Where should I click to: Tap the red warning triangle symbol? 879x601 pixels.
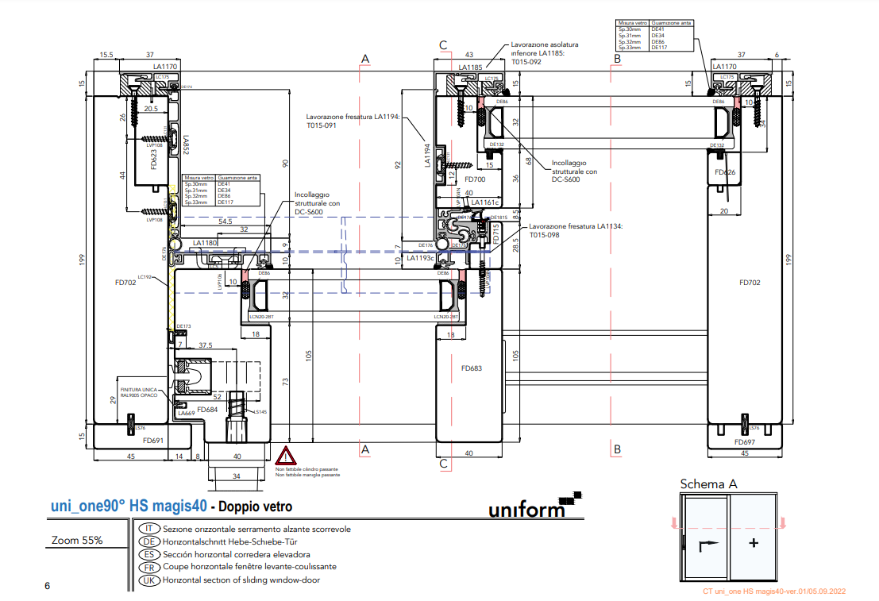[x=286, y=457]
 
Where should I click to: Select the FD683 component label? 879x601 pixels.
[x=472, y=368]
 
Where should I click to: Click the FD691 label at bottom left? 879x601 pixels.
[x=153, y=440]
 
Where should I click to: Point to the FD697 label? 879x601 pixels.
[x=745, y=442]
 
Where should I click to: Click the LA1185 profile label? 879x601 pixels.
[x=470, y=67]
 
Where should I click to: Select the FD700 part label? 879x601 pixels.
[x=475, y=180]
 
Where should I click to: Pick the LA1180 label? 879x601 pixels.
[x=204, y=243]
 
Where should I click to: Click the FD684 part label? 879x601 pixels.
[x=207, y=410]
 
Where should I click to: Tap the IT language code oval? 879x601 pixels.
[x=149, y=529]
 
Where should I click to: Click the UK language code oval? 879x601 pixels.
[x=149, y=580]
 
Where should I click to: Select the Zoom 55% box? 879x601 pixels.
[x=77, y=541]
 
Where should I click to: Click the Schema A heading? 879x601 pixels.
[x=709, y=484]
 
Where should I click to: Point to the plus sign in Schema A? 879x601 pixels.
[x=754, y=544]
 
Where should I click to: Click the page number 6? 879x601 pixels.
[x=48, y=586]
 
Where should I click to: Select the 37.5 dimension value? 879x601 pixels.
[x=205, y=345]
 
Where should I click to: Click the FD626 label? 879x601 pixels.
[x=725, y=172]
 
